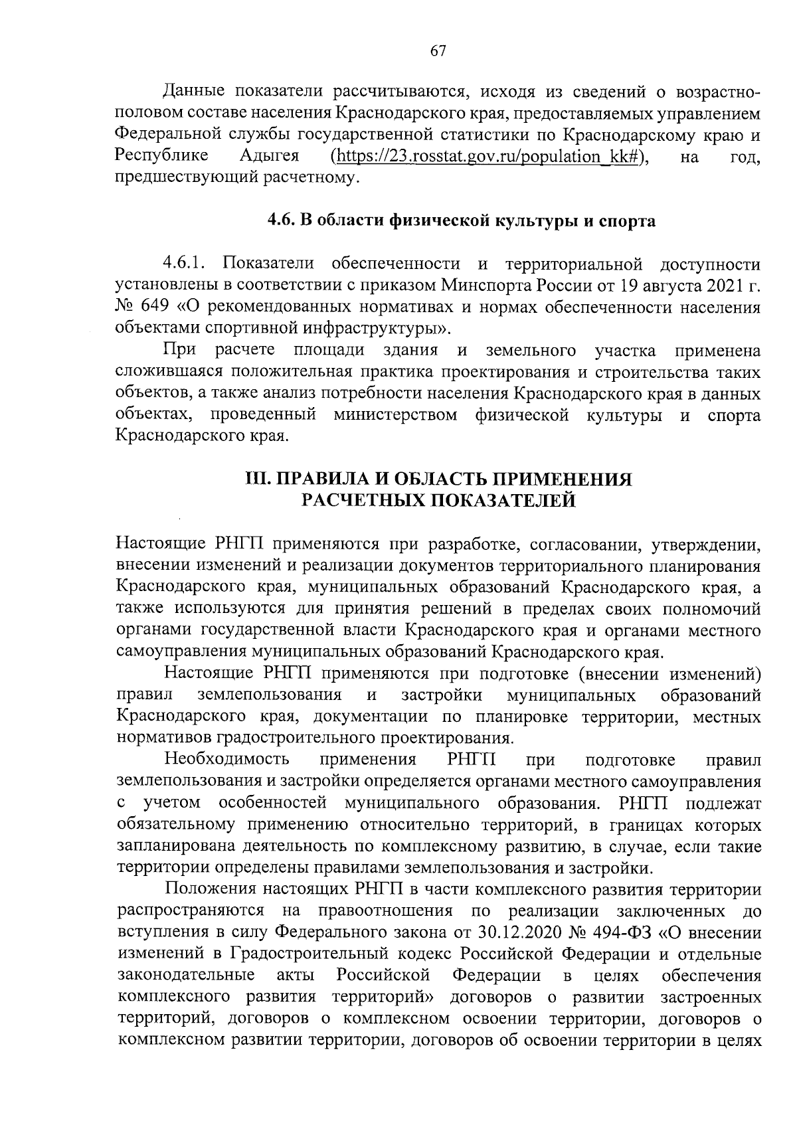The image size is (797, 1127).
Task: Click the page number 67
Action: (438, 52)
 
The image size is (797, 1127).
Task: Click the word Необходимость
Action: (227, 760)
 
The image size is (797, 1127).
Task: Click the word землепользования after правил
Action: (270, 695)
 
